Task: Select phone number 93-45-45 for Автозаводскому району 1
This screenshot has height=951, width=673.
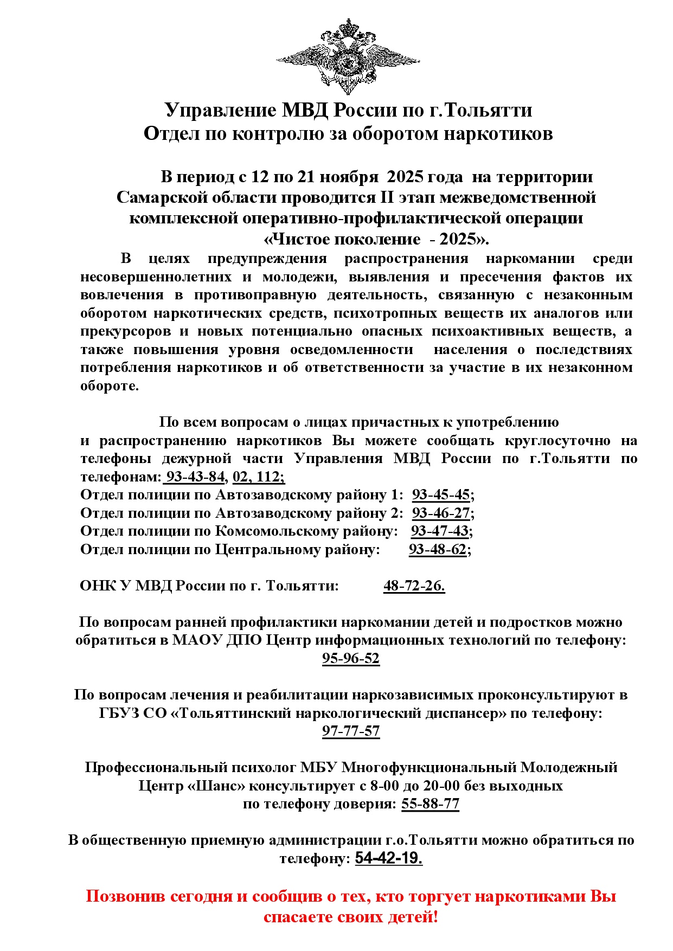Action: pyautogui.click(x=441, y=495)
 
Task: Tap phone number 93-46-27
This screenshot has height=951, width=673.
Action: pyautogui.click(x=441, y=513)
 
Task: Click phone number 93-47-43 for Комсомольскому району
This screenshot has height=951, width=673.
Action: pyautogui.click(x=440, y=531)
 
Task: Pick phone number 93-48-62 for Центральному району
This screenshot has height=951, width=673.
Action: pyautogui.click(x=438, y=550)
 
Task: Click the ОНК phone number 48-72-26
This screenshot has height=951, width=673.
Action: pyautogui.click(x=414, y=586)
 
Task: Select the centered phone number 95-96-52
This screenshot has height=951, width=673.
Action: pyautogui.click(x=351, y=659)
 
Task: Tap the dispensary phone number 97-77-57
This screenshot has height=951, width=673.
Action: pyautogui.click(x=351, y=731)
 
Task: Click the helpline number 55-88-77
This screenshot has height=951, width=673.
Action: pyautogui.click(x=430, y=804)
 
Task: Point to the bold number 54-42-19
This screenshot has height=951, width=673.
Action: pyautogui.click(x=388, y=859)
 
